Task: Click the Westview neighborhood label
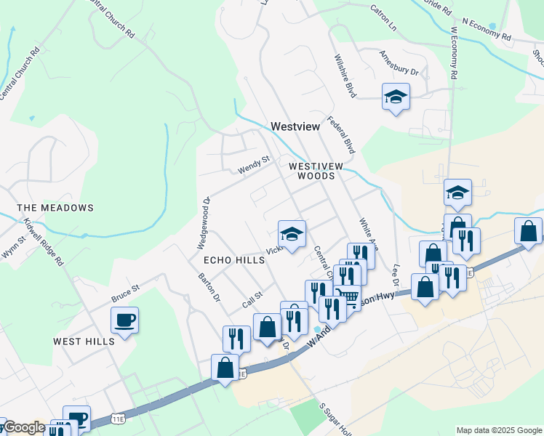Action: (295, 126)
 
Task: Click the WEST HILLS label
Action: (84, 341)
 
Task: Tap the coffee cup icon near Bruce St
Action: (124, 320)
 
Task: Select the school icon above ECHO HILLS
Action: (292, 233)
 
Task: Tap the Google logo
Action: (24, 428)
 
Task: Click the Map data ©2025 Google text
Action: (498, 430)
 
